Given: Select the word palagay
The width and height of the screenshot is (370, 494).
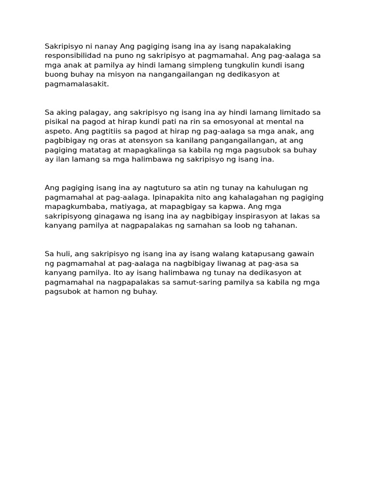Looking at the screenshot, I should (93, 112).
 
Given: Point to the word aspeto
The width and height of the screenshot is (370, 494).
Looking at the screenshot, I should (58, 131).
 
